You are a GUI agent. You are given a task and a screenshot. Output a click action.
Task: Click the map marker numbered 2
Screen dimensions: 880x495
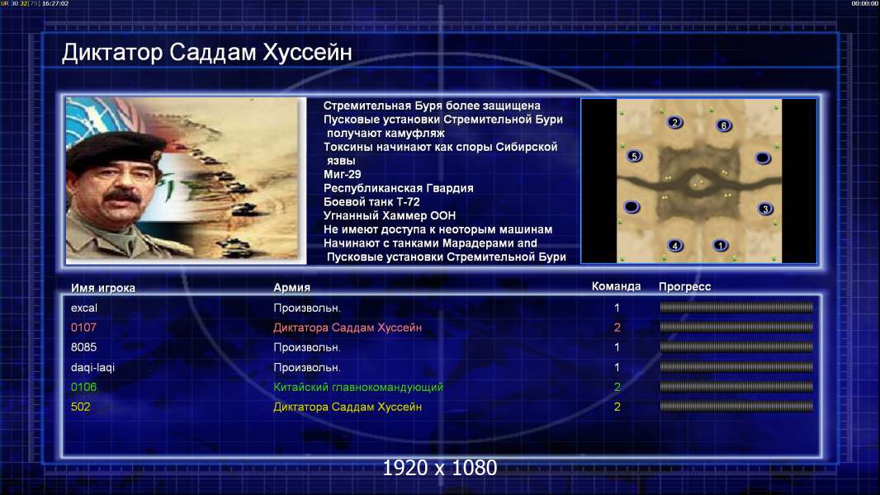[674, 122]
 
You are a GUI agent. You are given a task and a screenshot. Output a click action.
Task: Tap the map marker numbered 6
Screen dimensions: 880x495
[723, 125]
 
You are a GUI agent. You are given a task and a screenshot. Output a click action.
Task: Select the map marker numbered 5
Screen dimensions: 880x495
[634, 156]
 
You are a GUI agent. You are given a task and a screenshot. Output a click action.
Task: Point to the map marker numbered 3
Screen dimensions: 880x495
[765, 209]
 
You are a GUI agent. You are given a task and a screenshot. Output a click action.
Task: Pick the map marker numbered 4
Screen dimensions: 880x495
[675, 246]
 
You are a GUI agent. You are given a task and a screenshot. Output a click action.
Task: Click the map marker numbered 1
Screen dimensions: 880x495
[720, 245]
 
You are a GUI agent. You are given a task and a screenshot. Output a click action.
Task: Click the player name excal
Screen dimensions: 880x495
[84, 308]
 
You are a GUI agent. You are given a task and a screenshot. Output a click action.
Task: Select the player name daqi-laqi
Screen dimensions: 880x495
[92, 367]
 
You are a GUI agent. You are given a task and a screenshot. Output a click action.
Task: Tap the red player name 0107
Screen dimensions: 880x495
[83, 328]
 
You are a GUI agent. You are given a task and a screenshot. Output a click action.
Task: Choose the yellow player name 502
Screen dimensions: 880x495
[80, 407]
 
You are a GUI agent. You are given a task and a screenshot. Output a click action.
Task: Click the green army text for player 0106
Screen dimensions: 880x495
[358, 387]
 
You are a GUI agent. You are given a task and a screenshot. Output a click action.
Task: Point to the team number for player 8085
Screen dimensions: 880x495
[617, 347]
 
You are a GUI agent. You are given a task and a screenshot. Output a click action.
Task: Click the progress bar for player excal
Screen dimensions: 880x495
[736, 307]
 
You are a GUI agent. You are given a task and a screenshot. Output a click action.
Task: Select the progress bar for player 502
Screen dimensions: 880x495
[736, 407]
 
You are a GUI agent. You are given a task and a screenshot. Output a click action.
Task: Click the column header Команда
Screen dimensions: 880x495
[616, 286]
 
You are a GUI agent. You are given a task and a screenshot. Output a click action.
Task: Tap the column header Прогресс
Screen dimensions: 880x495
[684, 286]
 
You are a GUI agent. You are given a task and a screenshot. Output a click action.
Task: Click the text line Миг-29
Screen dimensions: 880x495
[343, 174]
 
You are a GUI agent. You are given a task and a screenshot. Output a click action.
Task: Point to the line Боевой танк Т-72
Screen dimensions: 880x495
[371, 202]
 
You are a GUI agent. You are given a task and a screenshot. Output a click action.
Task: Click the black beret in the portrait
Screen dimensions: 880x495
[115, 149]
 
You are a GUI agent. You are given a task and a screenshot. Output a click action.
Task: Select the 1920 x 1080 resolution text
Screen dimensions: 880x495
[440, 468]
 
